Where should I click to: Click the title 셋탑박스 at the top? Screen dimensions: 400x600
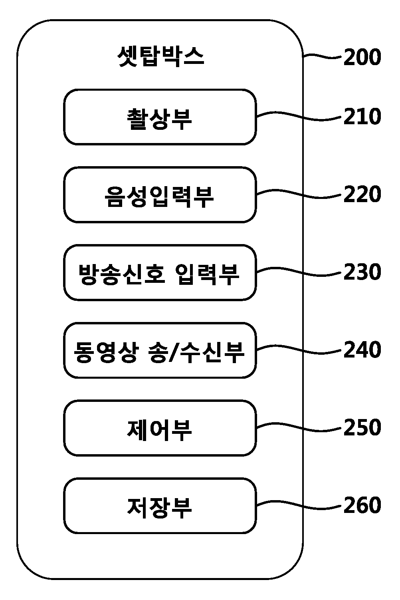point(161,56)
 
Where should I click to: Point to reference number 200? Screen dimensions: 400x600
point(362,57)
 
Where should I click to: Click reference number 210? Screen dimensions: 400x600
point(362,116)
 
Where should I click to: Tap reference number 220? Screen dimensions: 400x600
point(362,194)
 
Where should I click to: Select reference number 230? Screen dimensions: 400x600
point(362,272)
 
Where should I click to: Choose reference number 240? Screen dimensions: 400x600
point(362,350)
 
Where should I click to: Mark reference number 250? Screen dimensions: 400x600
point(362,427)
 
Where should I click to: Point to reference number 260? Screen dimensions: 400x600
point(362,505)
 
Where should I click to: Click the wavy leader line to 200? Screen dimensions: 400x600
point(322,56)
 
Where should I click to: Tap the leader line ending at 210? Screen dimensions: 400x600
point(299,116)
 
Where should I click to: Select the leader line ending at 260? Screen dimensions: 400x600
point(299,505)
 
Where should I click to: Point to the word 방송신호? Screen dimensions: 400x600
point(121,274)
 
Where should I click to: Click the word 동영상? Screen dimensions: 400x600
point(106,352)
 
